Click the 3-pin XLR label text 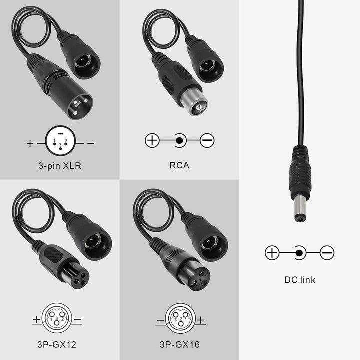click(x=59, y=165)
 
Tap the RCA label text click(x=179, y=165)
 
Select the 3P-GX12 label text click(x=59, y=344)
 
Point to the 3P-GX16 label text click(x=179, y=344)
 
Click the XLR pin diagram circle click(x=59, y=143)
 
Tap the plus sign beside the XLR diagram click(x=31, y=144)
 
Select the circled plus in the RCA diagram click(x=152, y=141)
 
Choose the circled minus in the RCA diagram click(x=207, y=141)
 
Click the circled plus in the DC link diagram click(x=272, y=253)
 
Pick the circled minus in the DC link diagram click(x=327, y=253)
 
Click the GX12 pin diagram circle click(x=59, y=318)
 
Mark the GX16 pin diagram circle click(x=179, y=318)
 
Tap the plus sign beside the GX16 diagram click(x=201, y=320)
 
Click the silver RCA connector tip click(x=199, y=105)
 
